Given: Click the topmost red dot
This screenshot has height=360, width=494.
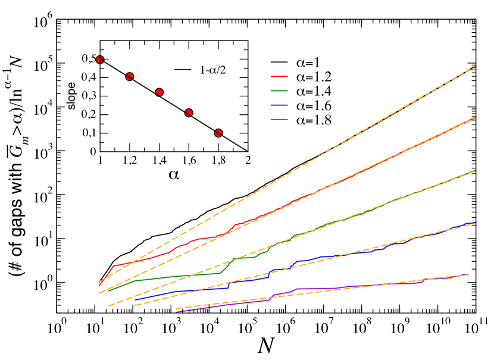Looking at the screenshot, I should [x=100, y=60].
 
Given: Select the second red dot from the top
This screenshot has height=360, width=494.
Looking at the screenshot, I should [x=130, y=77].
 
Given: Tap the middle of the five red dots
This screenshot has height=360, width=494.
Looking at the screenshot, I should [x=159, y=92].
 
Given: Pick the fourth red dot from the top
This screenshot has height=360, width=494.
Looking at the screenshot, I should [x=189, y=112].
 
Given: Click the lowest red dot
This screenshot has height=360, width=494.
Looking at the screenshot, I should [x=218, y=133].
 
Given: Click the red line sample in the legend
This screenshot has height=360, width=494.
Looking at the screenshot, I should [x=279, y=76].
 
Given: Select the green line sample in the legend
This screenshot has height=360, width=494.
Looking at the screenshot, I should [x=279, y=90].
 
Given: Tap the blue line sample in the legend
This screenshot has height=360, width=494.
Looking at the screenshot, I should [x=279, y=105].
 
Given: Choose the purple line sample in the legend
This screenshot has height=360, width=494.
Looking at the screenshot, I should [x=279, y=119].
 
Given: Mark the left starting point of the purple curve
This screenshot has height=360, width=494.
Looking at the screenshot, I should [x=176, y=311].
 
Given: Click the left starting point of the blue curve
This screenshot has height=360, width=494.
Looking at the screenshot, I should [x=135, y=300].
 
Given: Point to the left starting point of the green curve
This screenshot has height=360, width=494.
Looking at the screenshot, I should [x=108, y=290].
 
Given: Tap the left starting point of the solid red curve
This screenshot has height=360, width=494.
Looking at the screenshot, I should [x=99, y=286].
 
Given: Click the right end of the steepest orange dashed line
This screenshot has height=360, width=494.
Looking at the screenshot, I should [x=475, y=67].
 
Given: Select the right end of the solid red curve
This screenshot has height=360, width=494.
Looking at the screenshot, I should [x=475, y=118].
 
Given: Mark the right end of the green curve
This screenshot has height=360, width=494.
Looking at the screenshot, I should [x=475, y=171].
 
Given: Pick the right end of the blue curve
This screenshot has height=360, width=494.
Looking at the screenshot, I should [x=475, y=223].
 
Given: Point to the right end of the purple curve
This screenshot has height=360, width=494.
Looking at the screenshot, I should [x=468, y=274].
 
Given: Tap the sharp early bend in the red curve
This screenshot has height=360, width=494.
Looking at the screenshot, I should [x=114, y=266].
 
